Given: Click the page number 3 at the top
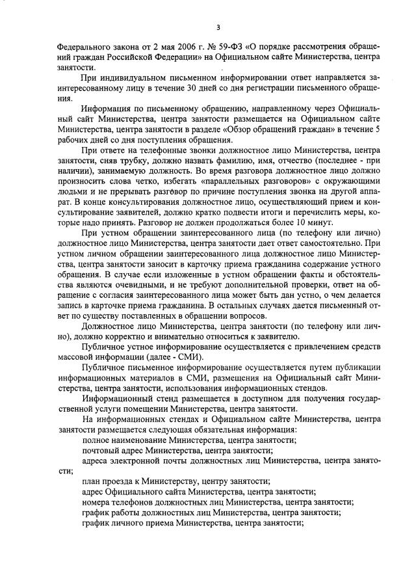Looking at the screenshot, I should click(218, 27).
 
